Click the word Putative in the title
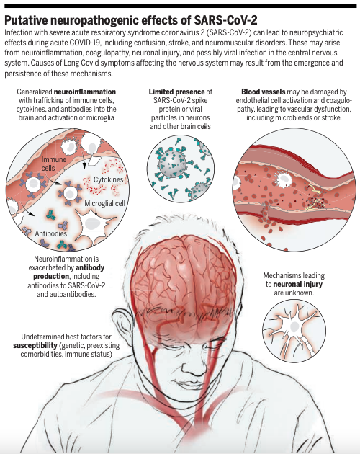tap(26, 20)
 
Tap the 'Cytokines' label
tap(108, 179)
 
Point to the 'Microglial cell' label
tap(104, 203)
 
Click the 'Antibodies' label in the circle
tap(51, 233)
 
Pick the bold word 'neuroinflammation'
tap(85, 92)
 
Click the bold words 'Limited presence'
tap(176, 92)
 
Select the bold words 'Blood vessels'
tap(263, 92)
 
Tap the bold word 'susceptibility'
tap(35, 345)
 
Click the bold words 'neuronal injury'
tap(297, 284)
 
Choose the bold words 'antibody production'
tap(69, 272)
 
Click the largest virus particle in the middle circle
tap(173, 163)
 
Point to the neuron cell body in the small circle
tap(294, 327)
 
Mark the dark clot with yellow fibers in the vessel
tap(314, 199)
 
